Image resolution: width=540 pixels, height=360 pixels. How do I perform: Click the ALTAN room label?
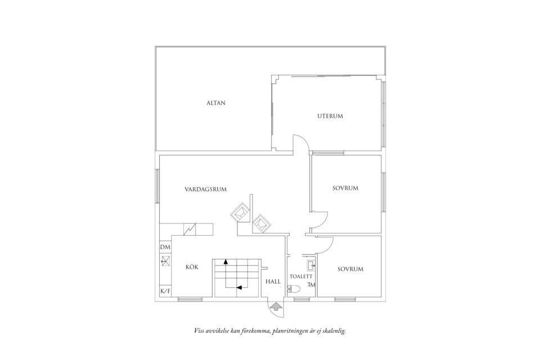pyautogui.click(x=215, y=103)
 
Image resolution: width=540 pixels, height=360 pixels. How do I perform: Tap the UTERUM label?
pyautogui.click(x=330, y=116)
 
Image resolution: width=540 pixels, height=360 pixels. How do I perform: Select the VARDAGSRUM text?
pyautogui.click(x=205, y=190)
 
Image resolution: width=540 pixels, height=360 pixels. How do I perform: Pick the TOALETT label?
pyautogui.click(x=301, y=277)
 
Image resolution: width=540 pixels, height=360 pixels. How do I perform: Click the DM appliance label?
pyautogui.click(x=165, y=247)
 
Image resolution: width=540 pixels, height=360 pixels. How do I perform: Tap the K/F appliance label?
pyautogui.click(x=165, y=291)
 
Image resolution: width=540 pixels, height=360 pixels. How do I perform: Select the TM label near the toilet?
pyautogui.click(x=311, y=285)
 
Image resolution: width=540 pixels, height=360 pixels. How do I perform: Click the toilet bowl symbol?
pyautogui.click(x=294, y=290)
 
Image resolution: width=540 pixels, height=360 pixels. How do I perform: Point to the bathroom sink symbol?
pyautogui.click(x=310, y=264)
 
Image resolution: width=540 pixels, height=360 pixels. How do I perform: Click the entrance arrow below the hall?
pyautogui.click(x=276, y=307)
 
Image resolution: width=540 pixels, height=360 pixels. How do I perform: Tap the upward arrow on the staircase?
pyautogui.click(x=226, y=262)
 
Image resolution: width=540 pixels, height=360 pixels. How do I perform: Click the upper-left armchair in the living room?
pyautogui.click(x=240, y=213)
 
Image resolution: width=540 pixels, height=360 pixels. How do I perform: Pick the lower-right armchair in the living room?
pyautogui.click(x=262, y=223)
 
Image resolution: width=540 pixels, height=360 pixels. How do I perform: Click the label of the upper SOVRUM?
pyautogui.click(x=345, y=188)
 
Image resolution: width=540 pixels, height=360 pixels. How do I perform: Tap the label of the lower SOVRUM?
pyautogui.click(x=350, y=269)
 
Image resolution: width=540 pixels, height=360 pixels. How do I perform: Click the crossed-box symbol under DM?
pyautogui.click(x=165, y=260)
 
